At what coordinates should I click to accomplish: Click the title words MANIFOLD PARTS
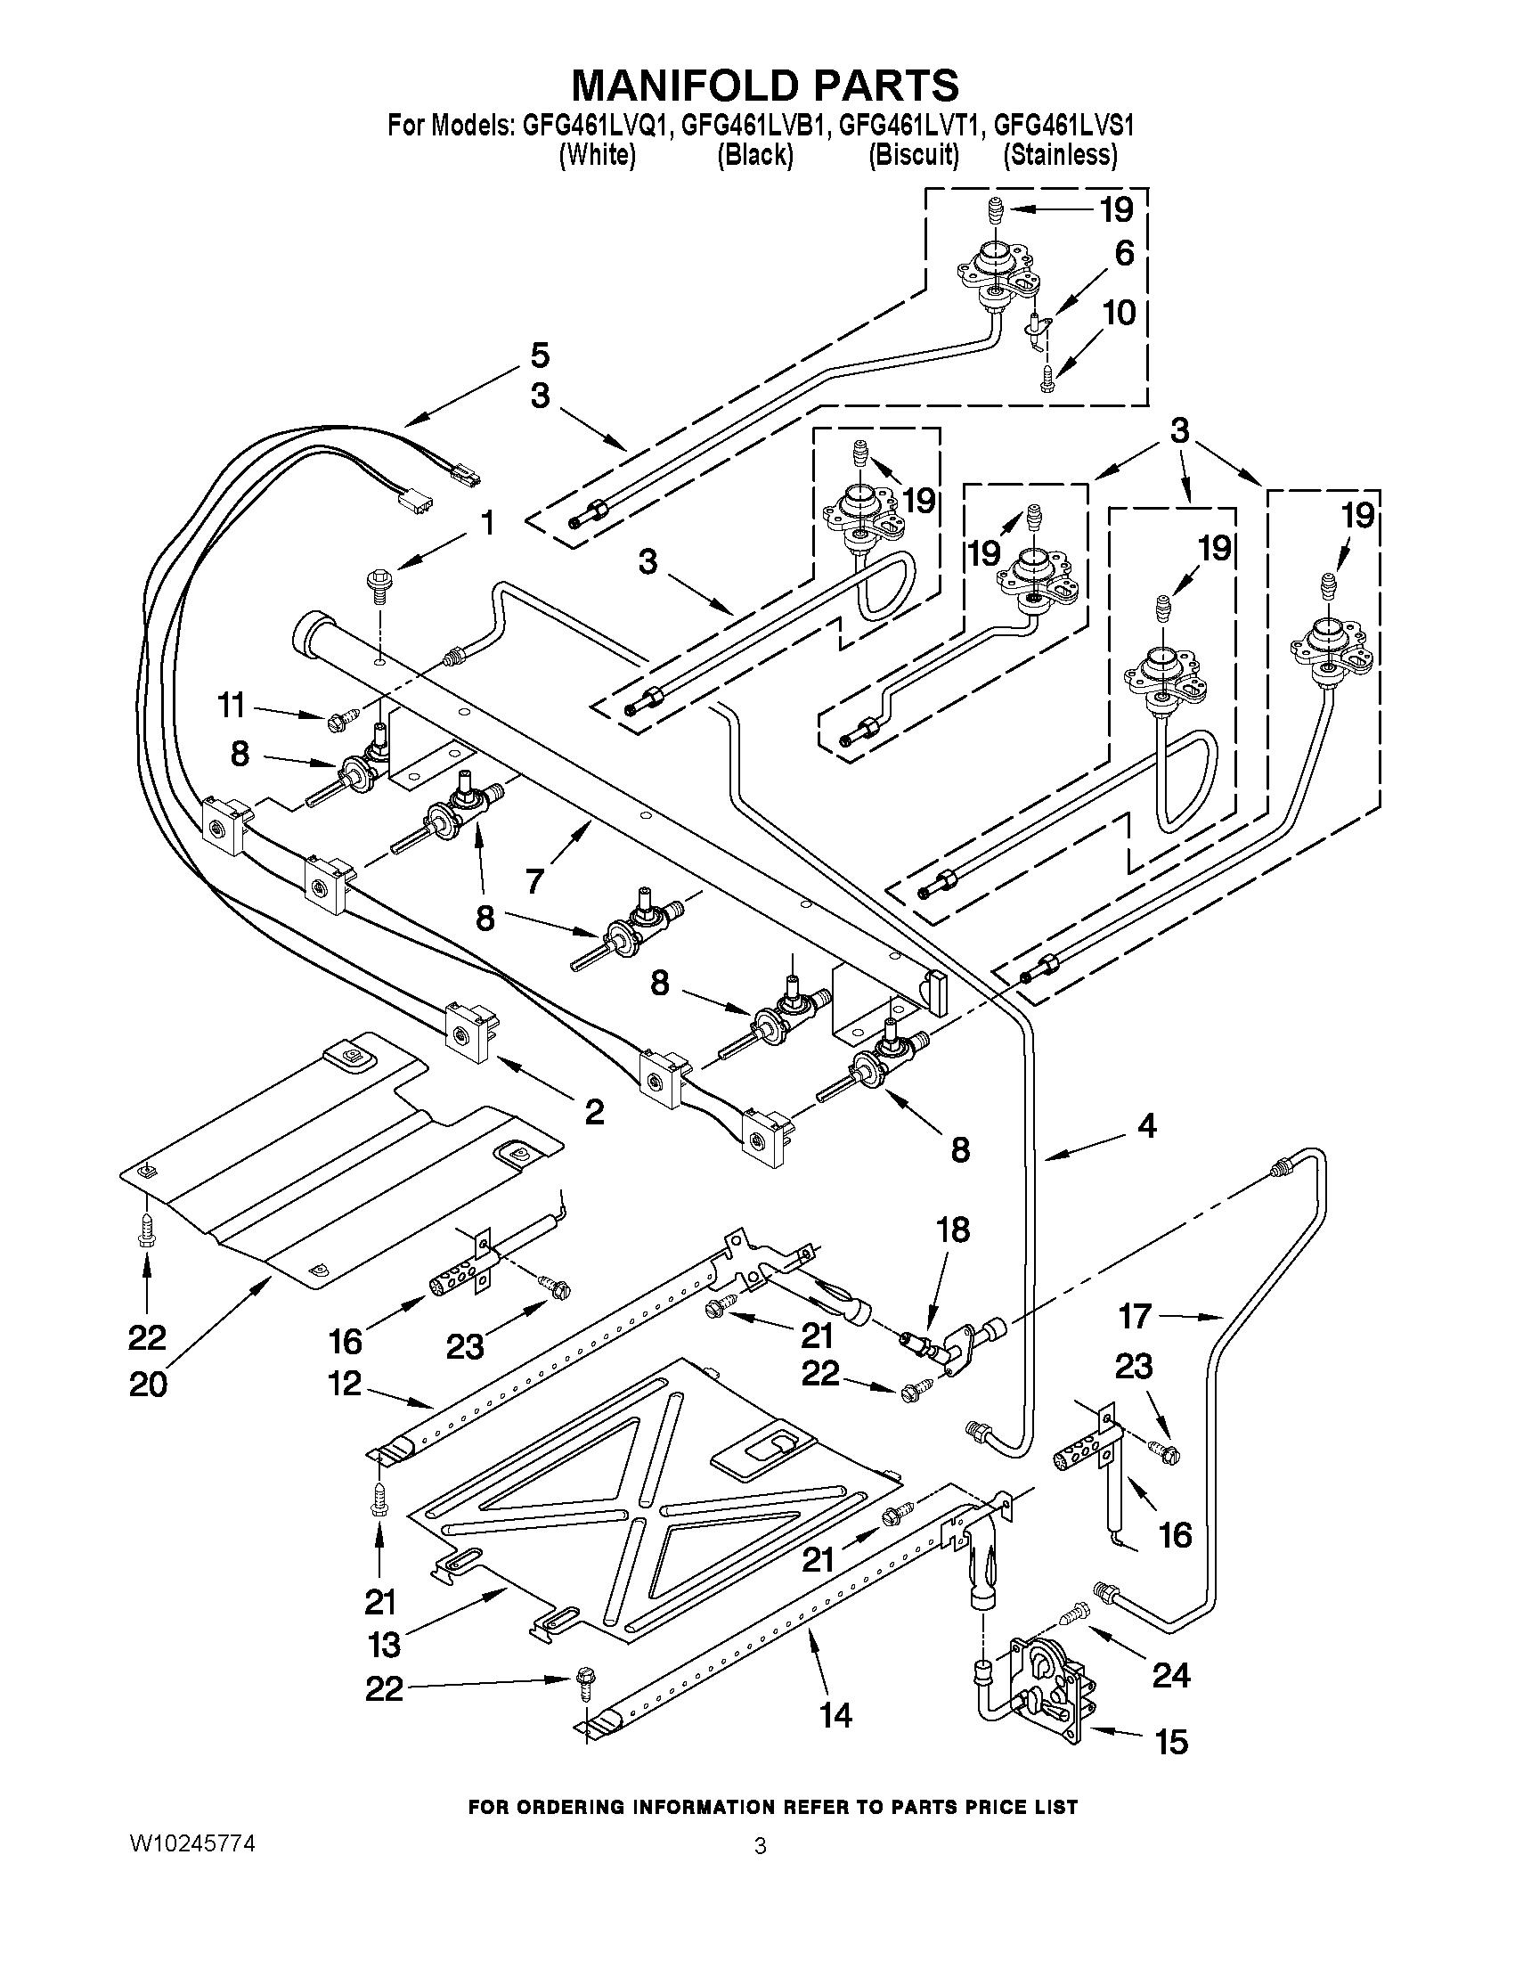[765, 86]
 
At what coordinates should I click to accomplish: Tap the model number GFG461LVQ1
[596, 125]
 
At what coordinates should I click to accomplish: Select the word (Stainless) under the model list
[1060, 155]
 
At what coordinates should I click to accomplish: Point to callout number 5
[540, 355]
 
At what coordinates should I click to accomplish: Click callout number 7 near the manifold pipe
[536, 881]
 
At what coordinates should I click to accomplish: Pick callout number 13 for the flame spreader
[384, 1645]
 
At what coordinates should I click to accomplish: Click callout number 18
[954, 1230]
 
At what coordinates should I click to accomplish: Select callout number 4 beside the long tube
[1146, 1125]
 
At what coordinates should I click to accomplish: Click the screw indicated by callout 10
[1047, 380]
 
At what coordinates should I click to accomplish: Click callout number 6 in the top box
[1124, 253]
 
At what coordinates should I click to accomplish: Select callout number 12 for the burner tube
[345, 1383]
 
